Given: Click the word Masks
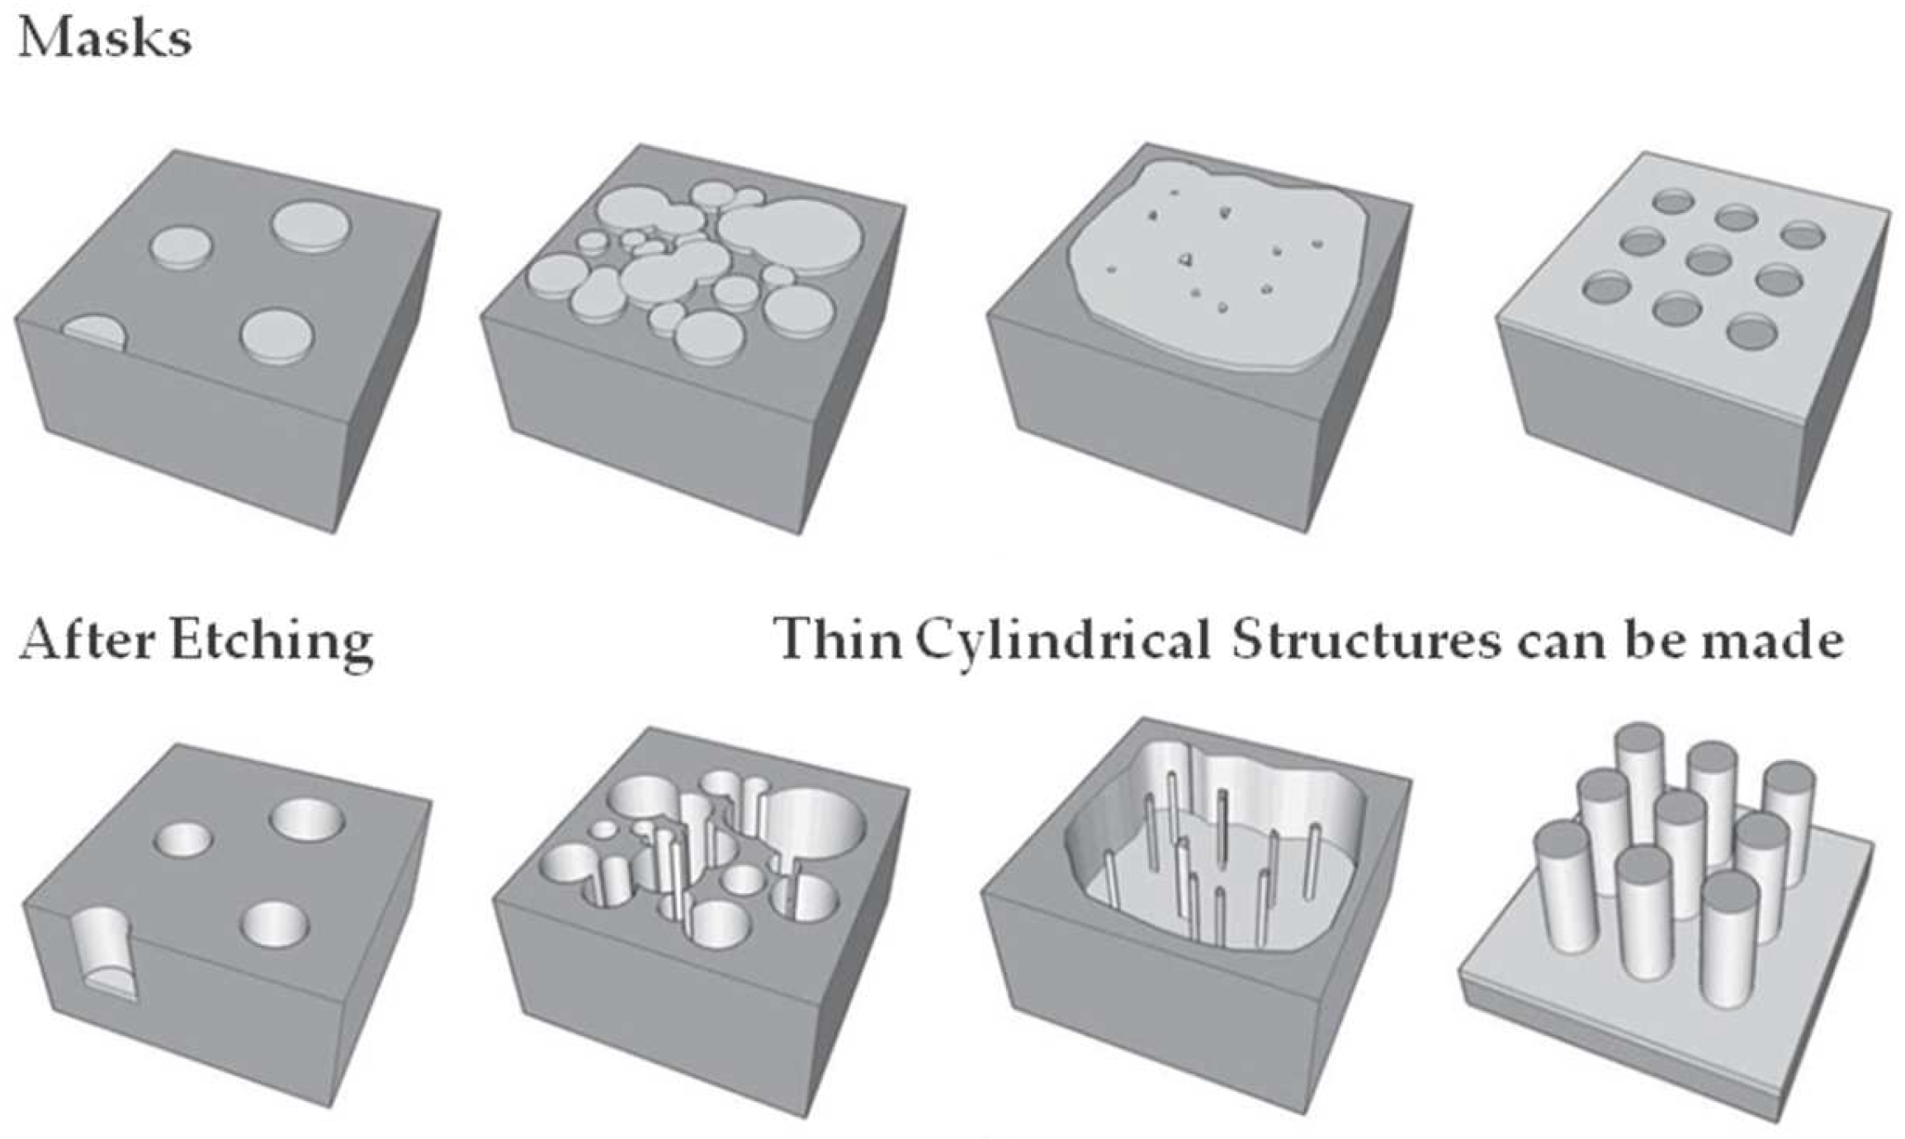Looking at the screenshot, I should [x=105, y=39].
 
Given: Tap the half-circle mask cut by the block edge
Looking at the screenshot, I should [x=95, y=334].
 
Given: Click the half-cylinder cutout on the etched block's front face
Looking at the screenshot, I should [x=103, y=953].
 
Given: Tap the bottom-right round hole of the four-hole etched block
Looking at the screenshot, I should [x=275, y=924].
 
